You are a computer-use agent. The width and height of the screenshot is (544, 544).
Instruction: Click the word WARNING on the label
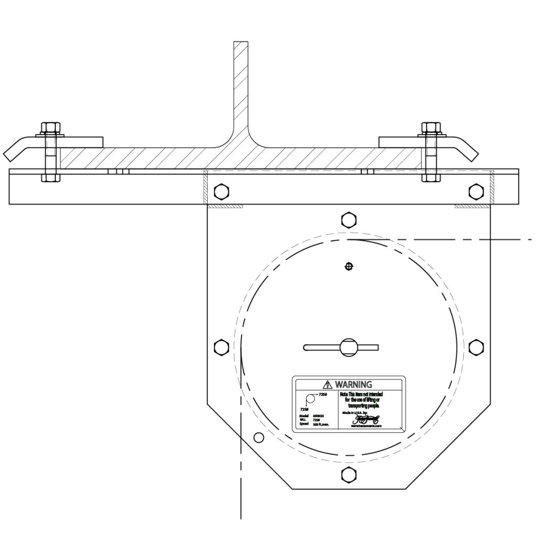click(x=353, y=384)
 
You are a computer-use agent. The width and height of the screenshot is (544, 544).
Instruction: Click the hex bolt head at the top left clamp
click(x=50, y=127)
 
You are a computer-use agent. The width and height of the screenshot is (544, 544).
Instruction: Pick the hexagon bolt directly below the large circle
click(x=348, y=475)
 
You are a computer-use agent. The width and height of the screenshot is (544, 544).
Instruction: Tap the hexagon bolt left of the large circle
click(x=220, y=347)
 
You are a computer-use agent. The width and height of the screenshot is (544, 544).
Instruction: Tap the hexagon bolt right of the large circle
click(x=475, y=347)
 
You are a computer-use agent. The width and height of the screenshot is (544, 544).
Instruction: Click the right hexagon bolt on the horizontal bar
click(x=475, y=191)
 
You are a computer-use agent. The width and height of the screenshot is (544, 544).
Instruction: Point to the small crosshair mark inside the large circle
click(x=348, y=266)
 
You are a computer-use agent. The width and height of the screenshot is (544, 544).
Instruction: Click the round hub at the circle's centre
click(x=348, y=347)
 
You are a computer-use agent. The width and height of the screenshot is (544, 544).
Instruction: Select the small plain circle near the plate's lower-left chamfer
click(x=259, y=438)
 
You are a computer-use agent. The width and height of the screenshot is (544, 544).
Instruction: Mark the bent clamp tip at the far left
click(x=12, y=154)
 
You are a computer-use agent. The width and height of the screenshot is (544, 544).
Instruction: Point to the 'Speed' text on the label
click(x=304, y=424)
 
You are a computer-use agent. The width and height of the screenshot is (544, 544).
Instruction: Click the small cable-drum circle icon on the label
click(x=310, y=399)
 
